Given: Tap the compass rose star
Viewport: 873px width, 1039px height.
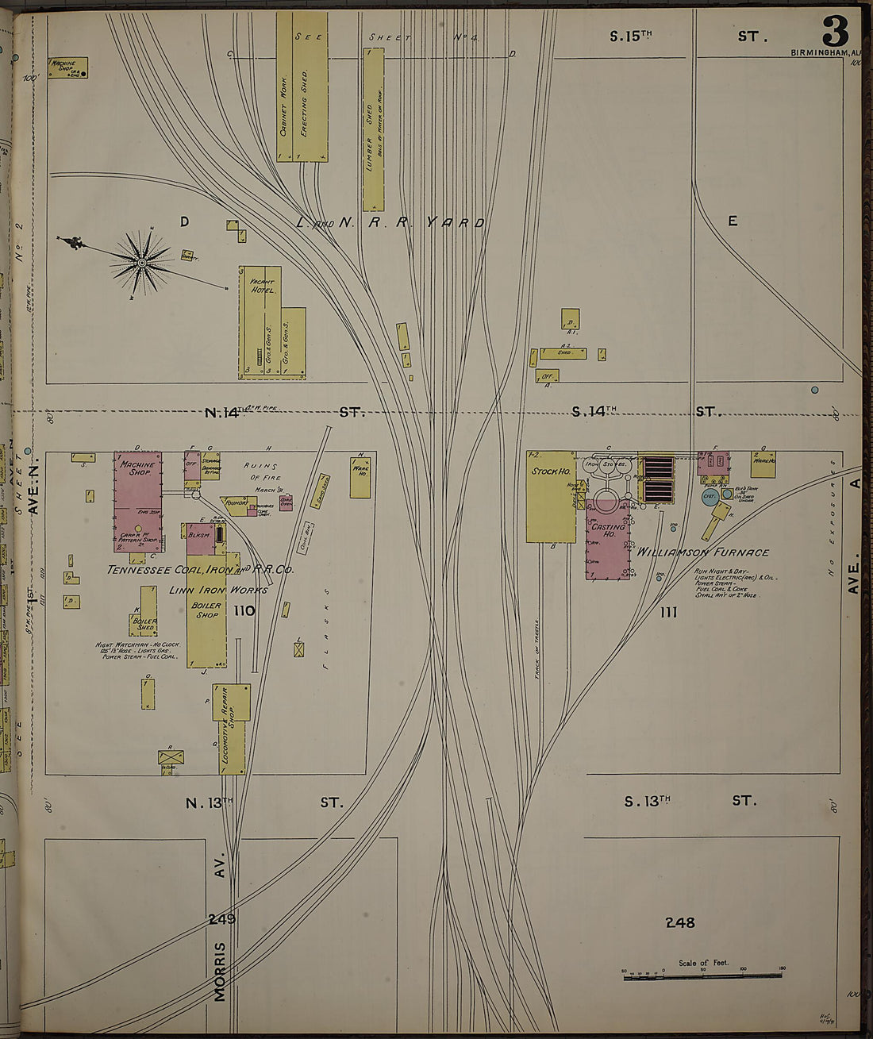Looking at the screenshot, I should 142,262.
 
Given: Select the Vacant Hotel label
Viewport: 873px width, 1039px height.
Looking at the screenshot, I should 262,287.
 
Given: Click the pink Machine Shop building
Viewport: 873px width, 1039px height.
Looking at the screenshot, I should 138,500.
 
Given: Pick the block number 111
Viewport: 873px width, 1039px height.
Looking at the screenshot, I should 669,612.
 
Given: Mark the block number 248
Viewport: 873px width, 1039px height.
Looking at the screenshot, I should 680,922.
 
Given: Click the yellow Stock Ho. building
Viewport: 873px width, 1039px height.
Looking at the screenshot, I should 551,496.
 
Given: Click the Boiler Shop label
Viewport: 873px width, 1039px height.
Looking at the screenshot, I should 206,610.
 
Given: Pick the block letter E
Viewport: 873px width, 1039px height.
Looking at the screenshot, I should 733,221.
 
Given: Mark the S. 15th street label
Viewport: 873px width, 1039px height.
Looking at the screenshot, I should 631,36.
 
